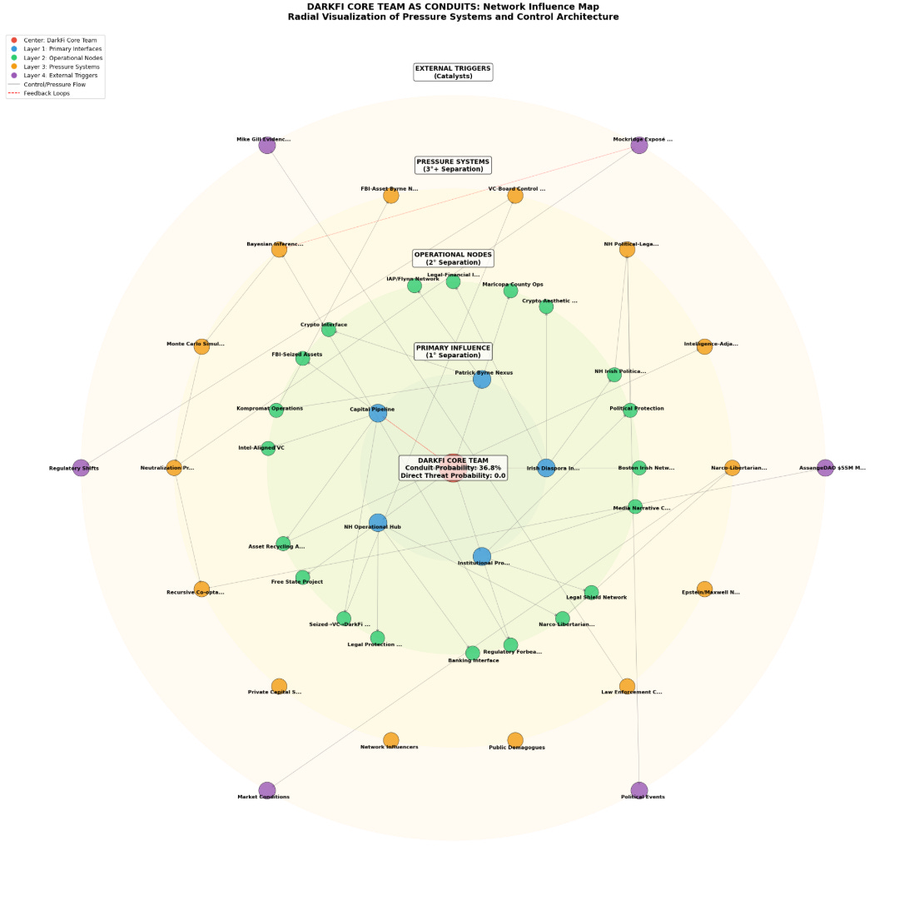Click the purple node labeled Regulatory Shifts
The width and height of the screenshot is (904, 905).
pos(81,468)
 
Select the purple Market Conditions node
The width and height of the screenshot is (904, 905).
pos(267,790)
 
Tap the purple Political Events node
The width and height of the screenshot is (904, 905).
pos(639,790)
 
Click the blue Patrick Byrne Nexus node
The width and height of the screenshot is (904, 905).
pos(482,380)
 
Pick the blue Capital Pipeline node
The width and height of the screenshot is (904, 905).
pos(378,413)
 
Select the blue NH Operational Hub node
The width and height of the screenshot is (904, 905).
pos(378,523)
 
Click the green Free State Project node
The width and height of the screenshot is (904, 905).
pos(303,577)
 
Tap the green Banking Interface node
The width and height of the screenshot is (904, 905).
pos(473,652)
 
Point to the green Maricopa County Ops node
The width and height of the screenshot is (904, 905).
pos(510,291)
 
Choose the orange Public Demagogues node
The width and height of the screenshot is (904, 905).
pos(515,740)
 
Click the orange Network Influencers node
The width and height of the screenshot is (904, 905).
pos(391,739)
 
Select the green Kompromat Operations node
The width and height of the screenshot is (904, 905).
pos(276,410)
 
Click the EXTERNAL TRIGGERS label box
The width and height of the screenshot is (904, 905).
pos(453,72)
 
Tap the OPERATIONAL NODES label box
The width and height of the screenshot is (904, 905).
pos(453,258)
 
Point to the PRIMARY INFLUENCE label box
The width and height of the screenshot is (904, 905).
pos(453,351)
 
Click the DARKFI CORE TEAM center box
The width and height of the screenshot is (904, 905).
pos(453,468)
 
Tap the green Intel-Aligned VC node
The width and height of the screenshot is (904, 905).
pos(268,449)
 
